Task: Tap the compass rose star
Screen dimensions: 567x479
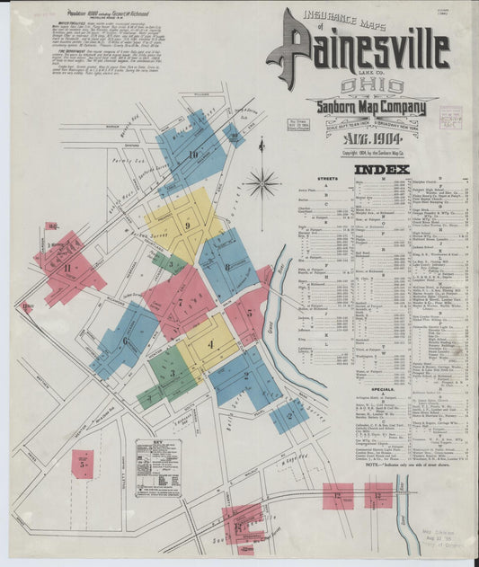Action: pos(262,183)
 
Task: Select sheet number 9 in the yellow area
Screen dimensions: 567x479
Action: pos(187,226)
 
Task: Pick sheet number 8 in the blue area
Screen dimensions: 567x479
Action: pos(227,266)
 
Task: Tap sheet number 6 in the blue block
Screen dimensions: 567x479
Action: pos(124,341)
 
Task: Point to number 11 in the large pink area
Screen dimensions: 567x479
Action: pos(67,267)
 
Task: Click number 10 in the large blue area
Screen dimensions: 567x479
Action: pos(192,155)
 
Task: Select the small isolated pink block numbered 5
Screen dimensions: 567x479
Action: pos(83,464)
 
